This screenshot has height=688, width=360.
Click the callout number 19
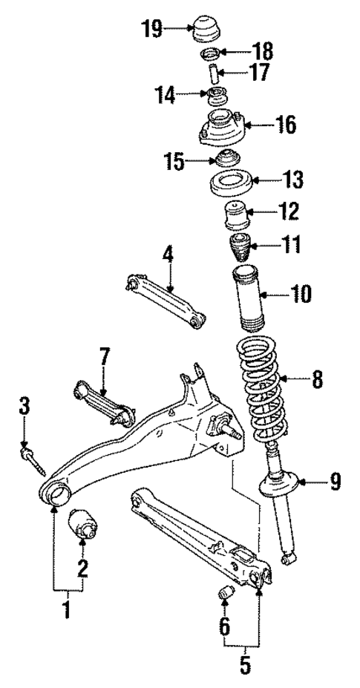click(152, 30)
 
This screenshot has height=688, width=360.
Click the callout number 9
click(336, 484)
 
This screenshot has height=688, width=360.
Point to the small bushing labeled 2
click(83, 531)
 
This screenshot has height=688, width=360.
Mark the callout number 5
click(245, 665)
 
